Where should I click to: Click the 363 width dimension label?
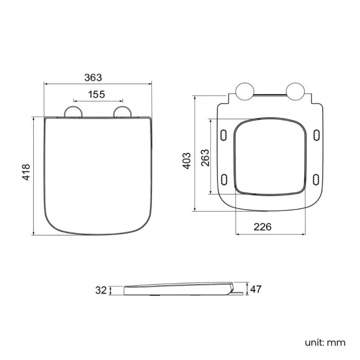[x=97, y=78]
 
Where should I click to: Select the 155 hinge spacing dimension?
[x=96, y=94]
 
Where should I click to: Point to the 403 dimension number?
[x=187, y=161]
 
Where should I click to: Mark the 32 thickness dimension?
[x=100, y=290]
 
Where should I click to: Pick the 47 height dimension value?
[x=255, y=289]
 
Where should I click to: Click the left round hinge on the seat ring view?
[x=244, y=92]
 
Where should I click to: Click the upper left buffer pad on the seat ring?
[x=224, y=135]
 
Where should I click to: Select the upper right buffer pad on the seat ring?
[x=316, y=135]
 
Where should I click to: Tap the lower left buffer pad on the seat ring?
[x=224, y=178]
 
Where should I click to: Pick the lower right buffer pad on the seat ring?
[x=316, y=178]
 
